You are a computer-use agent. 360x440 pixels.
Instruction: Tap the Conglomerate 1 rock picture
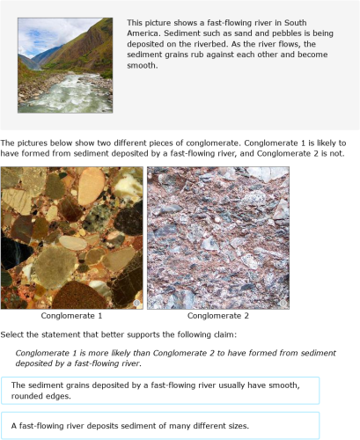[72, 238]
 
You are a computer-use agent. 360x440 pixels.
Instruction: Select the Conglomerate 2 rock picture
[218, 238]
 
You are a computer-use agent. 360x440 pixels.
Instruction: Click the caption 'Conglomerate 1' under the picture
[72, 315]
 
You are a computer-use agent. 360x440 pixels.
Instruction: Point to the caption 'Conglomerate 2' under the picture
[218, 315]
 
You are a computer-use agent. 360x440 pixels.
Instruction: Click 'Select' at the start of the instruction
[15, 335]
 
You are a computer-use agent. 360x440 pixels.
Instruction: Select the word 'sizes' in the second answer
[233, 426]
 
